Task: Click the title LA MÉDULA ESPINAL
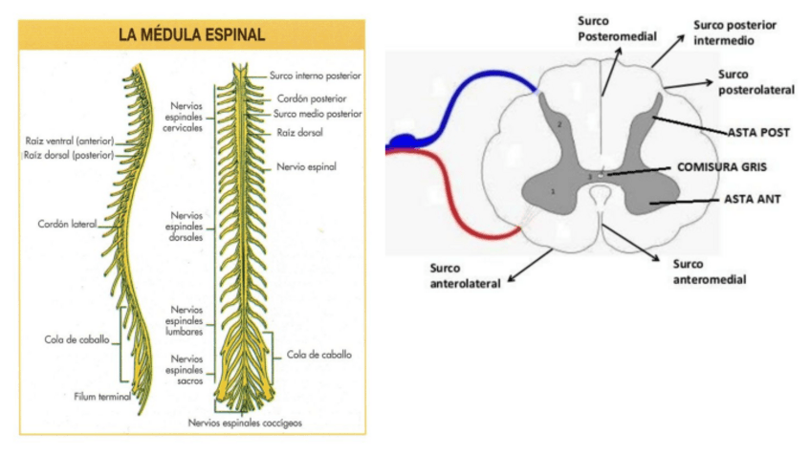pyautogui.click(x=191, y=34)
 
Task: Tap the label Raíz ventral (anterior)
pyautogui.click(x=69, y=140)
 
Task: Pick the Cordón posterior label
pyautogui.click(x=311, y=98)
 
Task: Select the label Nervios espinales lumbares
pyautogui.click(x=186, y=319)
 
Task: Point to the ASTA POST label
pyautogui.click(x=758, y=133)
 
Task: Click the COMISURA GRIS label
pyautogui.click(x=722, y=165)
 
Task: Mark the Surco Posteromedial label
pyautogui.click(x=617, y=28)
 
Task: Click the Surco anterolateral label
pyautogui.click(x=460, y=277)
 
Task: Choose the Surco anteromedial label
pyautogui.click(x=710, y=271)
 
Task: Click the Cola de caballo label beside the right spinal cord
pyautogui.click(x=318, y=354)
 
